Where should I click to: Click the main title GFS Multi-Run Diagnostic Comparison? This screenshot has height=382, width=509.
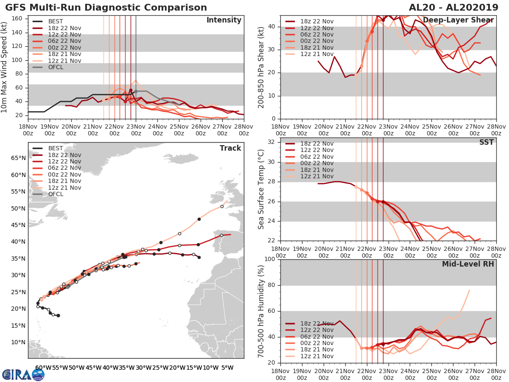point(106,8)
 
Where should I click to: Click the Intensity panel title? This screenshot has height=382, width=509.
point(224,20)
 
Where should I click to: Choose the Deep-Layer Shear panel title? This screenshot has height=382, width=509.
point(458,20)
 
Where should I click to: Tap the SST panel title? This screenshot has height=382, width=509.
point(486,142)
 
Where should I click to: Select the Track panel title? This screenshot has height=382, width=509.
point(230,148)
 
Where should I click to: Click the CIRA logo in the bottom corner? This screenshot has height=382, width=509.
point(23,374)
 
